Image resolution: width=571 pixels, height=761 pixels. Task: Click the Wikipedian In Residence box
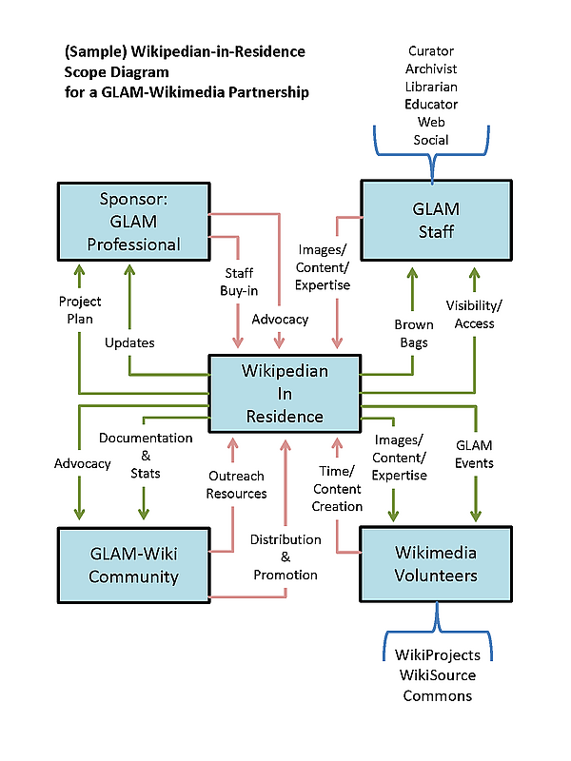[x=285, y=394]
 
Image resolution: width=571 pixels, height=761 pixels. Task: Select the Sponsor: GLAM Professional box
[x=133, y=222]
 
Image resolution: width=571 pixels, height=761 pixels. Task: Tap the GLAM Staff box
[x=436, y=221]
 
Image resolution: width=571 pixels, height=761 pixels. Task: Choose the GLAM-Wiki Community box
[x=133, y=565]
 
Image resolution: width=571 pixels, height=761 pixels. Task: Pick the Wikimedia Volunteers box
[x=436, y=564]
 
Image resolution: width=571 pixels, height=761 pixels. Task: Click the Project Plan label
[x=80, y=310]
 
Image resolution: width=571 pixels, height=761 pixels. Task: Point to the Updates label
[x=129, y=342]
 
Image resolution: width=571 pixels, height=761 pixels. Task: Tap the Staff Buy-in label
[x=239, y=282]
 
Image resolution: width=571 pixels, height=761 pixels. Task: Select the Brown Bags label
[x=414, y=334]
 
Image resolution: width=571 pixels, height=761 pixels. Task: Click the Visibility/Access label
[x=474, y=315]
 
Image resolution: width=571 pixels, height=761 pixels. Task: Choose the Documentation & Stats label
[x=146, y=456]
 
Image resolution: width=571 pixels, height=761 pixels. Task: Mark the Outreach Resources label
[x=236, y=485]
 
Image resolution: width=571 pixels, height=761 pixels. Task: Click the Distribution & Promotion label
[x=285, y=557]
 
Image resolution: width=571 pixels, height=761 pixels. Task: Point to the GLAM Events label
[x=474, y=455]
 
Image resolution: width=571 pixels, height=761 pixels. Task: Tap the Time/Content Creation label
[x=337, y=489]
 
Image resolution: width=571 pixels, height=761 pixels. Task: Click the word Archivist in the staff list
[x=431, y=68]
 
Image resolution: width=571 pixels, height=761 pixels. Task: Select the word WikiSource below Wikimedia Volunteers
[x=438, y=675]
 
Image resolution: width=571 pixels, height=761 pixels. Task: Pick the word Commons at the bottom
[x=438, y=696]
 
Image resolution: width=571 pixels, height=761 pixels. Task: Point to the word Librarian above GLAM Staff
[x=431, y=87]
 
